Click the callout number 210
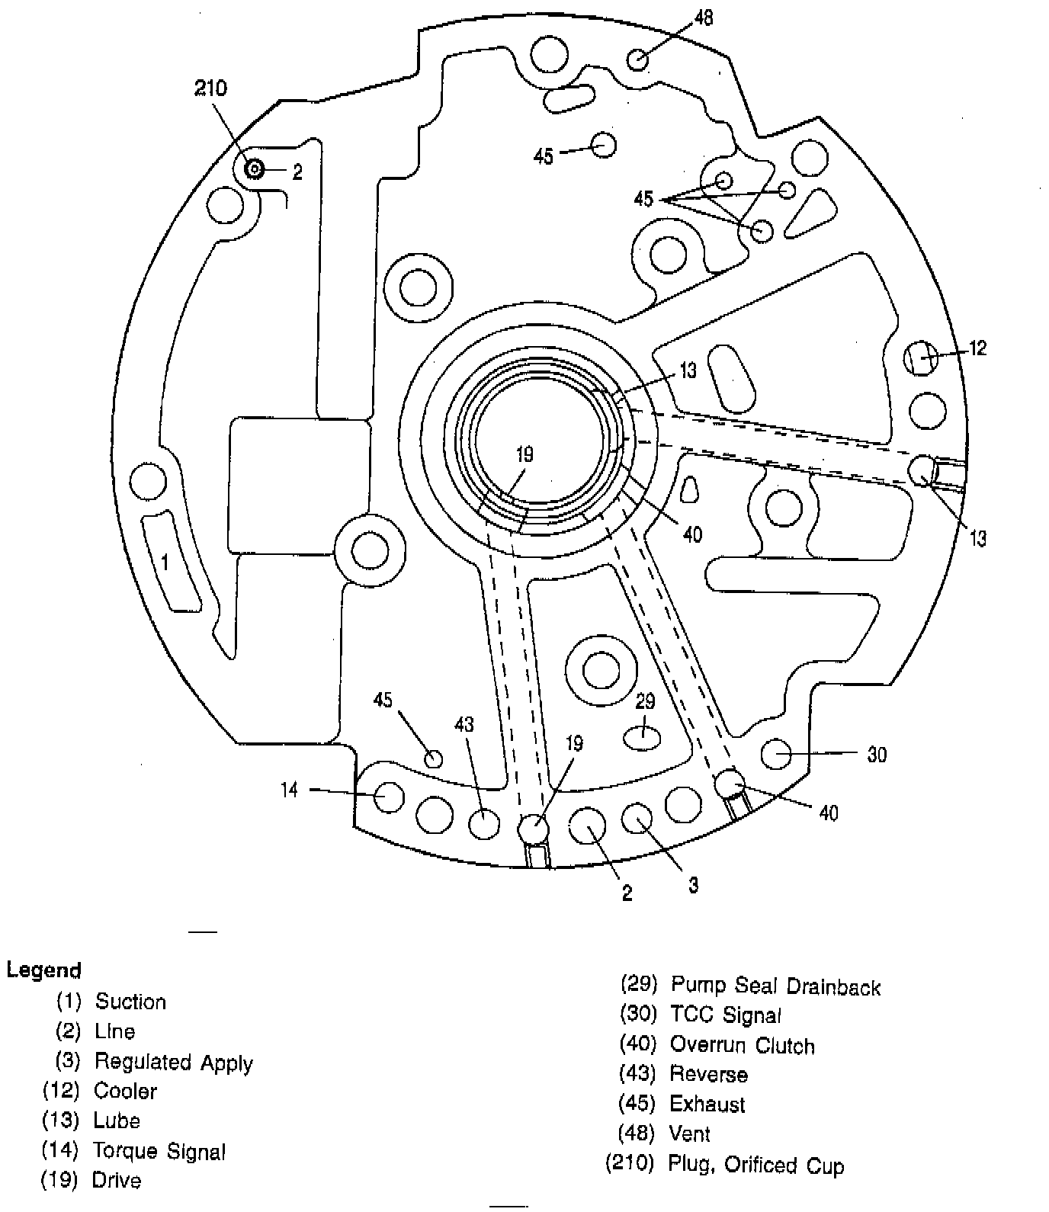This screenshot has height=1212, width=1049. (x=210, y=88)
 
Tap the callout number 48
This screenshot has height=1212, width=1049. (x=704, y=17)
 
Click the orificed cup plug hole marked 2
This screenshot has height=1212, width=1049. (x=254, y=169)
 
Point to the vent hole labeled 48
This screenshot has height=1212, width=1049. (x=639, y=59)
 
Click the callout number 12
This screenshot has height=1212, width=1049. (x=977, y=348)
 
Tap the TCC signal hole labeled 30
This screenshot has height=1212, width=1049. (x=777, y=753)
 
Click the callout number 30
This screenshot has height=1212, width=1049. (x=877, y=755)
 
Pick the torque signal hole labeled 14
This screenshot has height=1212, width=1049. (x=389, y=797)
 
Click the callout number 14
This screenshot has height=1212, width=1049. (x=289, y=790)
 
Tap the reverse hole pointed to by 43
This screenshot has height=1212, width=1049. (x=484, y=824)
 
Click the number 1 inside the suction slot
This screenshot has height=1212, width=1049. (x=165, y=563)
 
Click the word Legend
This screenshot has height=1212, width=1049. (x=43, y=970)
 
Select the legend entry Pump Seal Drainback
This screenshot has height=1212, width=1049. (x=775, y=986)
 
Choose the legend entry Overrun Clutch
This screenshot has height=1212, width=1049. (x=742, y=1045)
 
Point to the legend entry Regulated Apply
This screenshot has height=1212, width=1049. (x=173, y=1062)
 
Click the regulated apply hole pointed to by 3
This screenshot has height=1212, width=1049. (x=637, y=819)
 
